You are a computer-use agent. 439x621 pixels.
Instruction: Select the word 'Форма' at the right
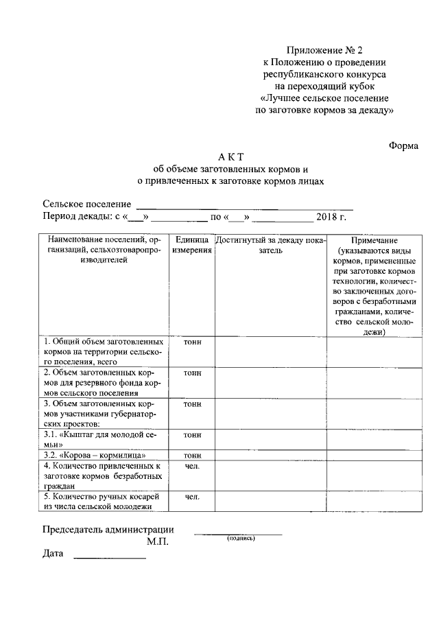pos(403,145)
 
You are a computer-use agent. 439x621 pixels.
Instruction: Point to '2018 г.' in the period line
pos(332,218)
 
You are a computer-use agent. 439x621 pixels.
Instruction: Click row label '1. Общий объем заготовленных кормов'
pos(103,351)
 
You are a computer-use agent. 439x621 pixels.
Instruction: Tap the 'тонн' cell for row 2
pos(192,373)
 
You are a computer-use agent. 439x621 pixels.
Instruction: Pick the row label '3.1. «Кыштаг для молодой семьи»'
pos(103,439)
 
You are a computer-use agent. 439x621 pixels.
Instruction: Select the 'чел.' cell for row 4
pos(192,467)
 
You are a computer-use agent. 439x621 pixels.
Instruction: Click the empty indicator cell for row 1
pos(272,351)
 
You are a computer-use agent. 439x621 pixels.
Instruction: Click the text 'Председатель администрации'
pos(108,530)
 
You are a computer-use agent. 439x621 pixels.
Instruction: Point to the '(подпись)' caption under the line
pos(241,539)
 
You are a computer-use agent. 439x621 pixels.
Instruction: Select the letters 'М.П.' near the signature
pos(157,541)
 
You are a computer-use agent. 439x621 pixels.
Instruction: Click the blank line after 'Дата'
pos(110,558)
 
